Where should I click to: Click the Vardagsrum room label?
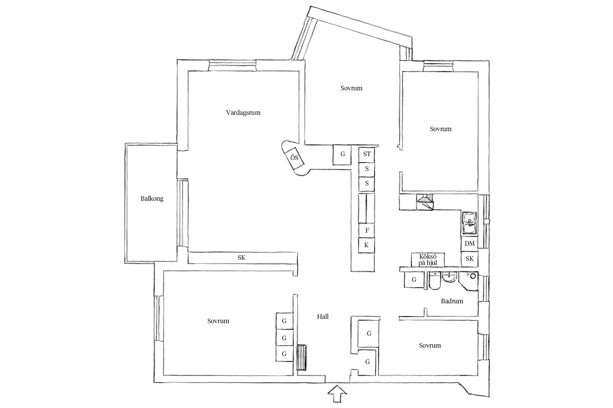243,113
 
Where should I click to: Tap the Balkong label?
152,199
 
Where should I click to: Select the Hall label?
323,317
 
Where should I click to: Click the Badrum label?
452,301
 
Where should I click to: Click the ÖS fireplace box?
295,158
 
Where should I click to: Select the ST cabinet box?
367,154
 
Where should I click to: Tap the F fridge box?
367,230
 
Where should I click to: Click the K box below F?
367,245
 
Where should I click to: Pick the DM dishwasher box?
470,244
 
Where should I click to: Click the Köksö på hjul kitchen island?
428,260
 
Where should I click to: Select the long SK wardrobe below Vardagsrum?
242,258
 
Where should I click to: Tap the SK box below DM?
470,259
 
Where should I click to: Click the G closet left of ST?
342,155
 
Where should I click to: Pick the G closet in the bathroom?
414,280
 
